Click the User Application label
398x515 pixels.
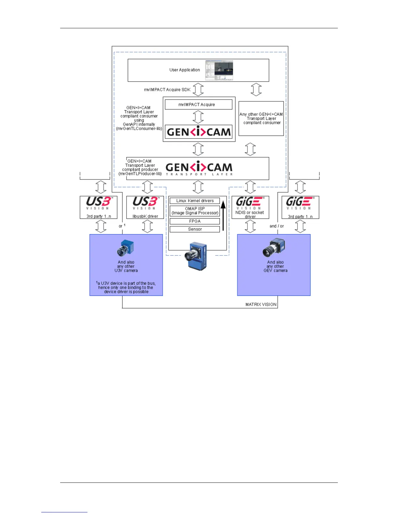pos(184,70)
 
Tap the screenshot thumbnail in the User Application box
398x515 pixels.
pos(219,70)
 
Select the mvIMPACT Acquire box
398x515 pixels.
pos(198,105)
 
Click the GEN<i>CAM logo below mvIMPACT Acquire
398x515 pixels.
pos(199,132)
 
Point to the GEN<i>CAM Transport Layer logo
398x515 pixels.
pos(199,168)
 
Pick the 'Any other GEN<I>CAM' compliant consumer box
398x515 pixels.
pos(261,118)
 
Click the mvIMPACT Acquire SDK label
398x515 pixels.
pos(167,90)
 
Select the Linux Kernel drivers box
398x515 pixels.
pos(195,201)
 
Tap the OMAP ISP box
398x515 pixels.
pos(195,211)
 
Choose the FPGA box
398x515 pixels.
pos(195,221)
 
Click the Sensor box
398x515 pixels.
pos(195,229)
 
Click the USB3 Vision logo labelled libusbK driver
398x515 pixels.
pos(145,203)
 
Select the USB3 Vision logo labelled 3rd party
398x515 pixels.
pos(99,203)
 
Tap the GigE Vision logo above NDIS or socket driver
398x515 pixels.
pos(250,203)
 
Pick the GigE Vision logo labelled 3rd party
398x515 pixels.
pos(300,203)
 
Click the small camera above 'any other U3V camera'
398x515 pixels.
pos(126,248)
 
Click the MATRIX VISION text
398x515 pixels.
pos(261,305)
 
